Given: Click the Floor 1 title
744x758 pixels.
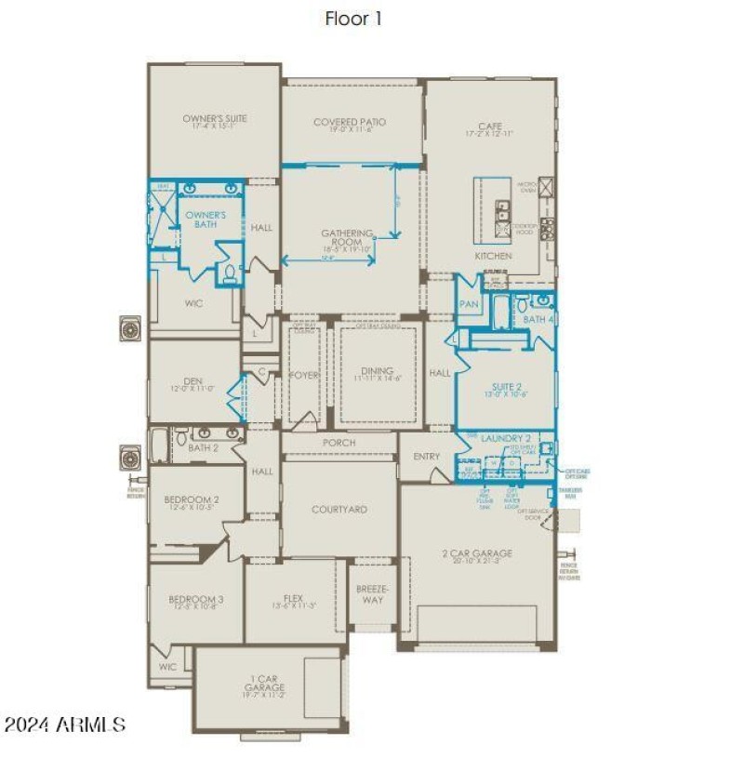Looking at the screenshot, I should point(352,18).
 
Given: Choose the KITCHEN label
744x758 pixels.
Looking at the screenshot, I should point(493,256).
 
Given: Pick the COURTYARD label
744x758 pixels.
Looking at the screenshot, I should point(339,510).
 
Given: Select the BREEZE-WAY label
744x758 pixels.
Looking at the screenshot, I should point(372,593).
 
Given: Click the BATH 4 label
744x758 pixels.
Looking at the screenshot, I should point(538,319).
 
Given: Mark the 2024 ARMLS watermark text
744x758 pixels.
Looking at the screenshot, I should point(65,724).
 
